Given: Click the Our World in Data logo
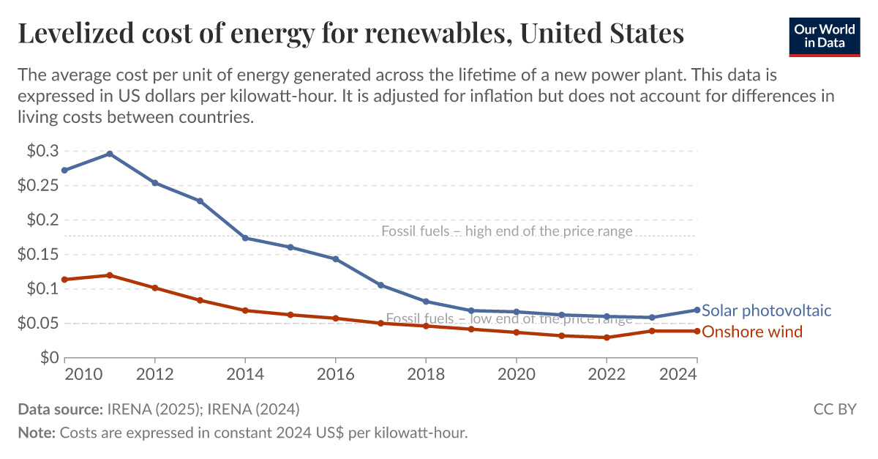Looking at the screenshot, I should pos(825,34).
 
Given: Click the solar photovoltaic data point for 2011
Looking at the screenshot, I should pos(110,154).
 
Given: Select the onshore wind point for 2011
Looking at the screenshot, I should pos(110,275).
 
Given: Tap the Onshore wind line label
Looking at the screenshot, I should pos(752,332).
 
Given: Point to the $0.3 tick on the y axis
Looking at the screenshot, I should pos(42,151).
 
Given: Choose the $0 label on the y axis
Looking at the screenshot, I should pos(48,358).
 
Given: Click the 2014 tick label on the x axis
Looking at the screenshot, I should pos(245,373).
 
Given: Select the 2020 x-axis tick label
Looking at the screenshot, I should pos(517,373).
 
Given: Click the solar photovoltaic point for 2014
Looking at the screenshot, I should pos(245,238).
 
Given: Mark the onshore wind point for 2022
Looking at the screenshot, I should pos(607,337).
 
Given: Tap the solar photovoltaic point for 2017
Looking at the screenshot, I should pos(380,285).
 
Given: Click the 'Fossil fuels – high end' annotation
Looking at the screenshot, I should pos(506,231).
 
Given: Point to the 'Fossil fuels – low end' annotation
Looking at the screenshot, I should pos(509,319).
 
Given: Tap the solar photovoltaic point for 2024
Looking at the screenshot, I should pos(697,310).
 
